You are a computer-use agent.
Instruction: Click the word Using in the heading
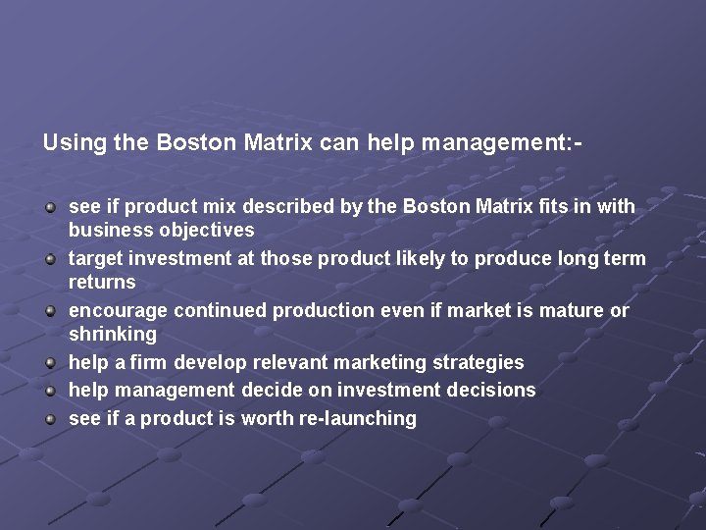(75, 142)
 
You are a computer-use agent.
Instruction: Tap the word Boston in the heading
(192, 142)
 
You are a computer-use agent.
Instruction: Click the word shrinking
(112, 335)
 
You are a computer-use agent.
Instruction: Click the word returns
(102, 283)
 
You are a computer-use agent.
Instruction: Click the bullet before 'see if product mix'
(51, 207)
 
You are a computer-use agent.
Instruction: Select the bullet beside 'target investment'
(51, 258)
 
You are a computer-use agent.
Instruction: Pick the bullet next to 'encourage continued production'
(51, 310)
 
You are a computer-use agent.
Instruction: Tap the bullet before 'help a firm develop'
(51, 363)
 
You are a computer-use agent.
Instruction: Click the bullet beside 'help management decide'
(51, 391)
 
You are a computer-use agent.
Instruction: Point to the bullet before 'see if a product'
(51, 418)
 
